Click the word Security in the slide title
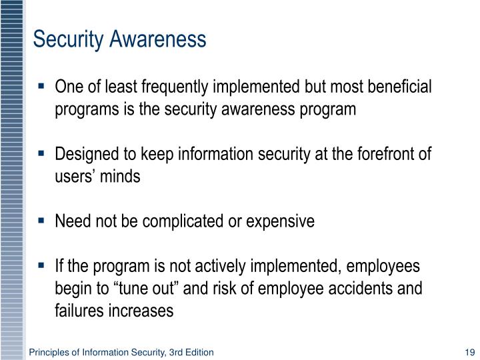pyautogui.click(x=65, y=41)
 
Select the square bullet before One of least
pyautogui.click(x=42, y=87)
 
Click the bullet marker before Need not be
pyautogui.click(x=42, y=221)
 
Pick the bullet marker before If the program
pyautogui.click(x=42, y=265)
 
